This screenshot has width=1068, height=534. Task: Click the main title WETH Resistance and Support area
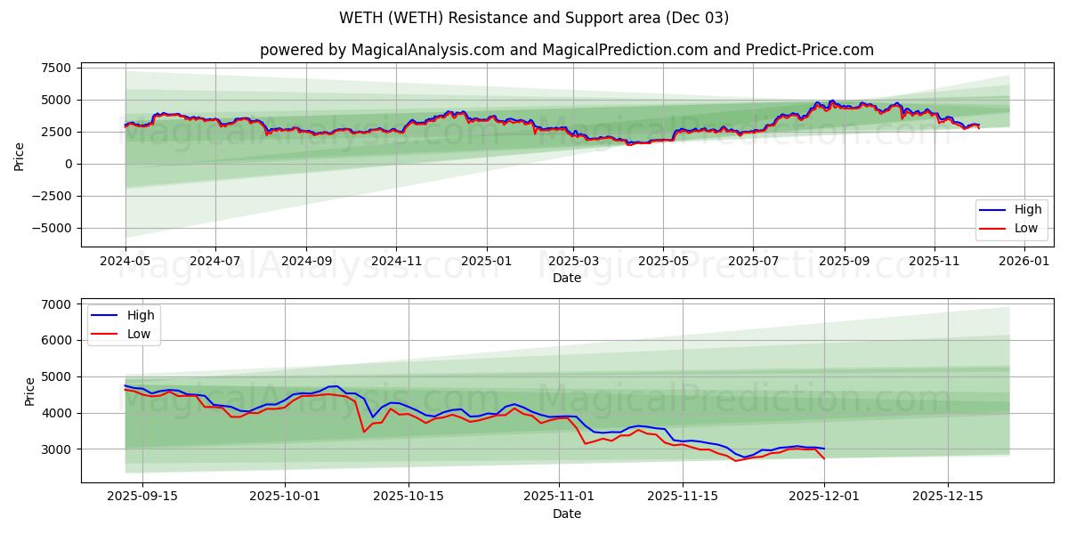(534, 18)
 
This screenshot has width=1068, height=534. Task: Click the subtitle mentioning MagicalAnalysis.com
(566, 50)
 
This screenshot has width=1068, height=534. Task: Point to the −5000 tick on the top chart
(50, 228)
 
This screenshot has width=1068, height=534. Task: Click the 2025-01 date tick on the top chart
(487, 262)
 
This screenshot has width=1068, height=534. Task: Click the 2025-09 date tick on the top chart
(844, 262)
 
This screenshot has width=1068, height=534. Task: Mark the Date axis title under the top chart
(566, 278)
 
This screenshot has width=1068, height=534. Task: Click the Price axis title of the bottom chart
(30, 392)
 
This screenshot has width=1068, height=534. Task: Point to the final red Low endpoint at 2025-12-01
(824, 458)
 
